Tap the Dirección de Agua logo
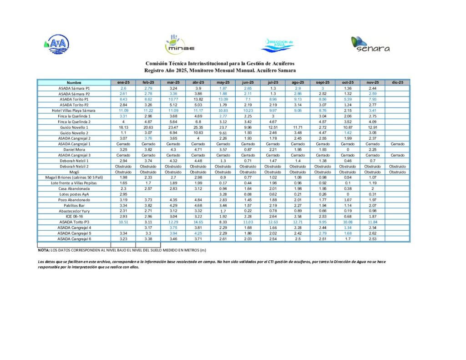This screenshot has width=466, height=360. (x=279, y=44)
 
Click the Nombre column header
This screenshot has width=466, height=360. (x=74, y=82)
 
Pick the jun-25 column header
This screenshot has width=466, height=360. (x=247, y=82)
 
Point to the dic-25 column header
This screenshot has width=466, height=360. (x=397, y=82)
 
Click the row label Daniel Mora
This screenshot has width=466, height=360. (x=74, y=150)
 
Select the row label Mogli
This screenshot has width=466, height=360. (x=74, y=172)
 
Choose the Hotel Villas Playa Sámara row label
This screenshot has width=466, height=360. (x=74, y=111)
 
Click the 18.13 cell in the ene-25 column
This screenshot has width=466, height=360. (x=123, y=127)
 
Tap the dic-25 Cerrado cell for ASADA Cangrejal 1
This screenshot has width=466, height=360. (x=397, y=144)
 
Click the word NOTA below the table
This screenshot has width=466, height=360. (x=44, y=250)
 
